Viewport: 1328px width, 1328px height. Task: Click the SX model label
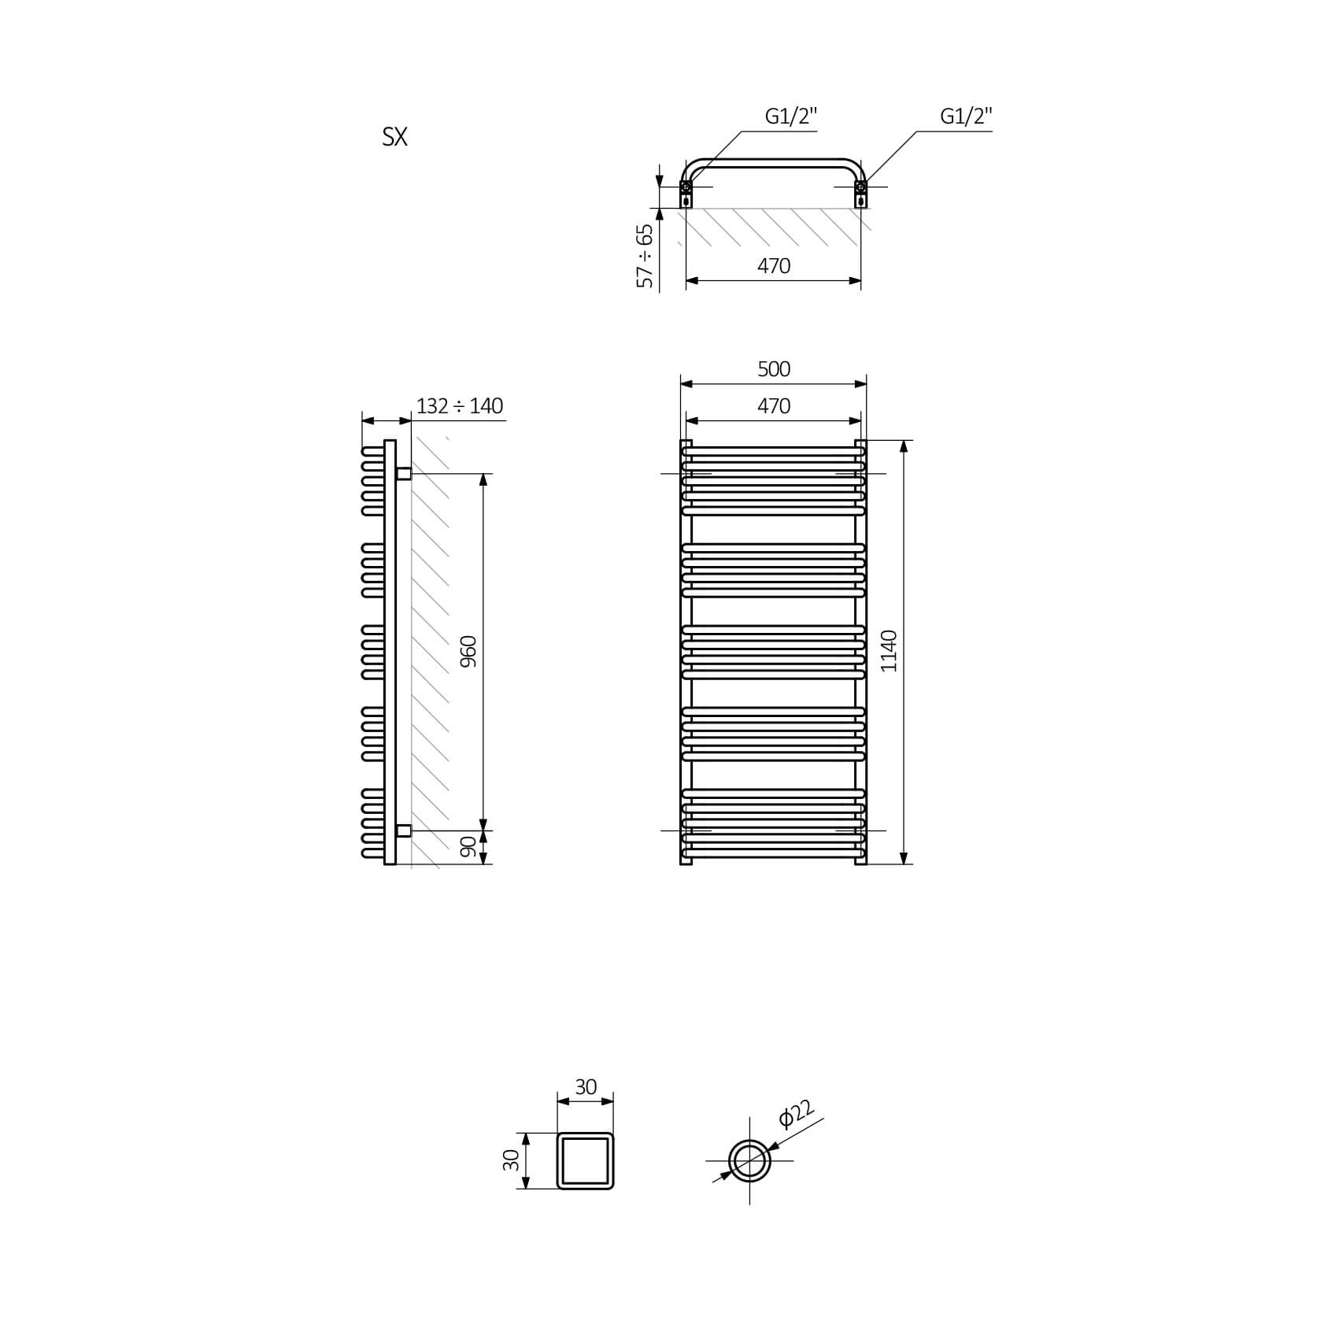[x=394, y=138]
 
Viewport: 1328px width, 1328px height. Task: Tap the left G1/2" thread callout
[x=791, y=117]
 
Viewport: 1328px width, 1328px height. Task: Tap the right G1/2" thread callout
[x=966, y=117]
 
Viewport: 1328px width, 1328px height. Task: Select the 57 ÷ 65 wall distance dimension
[x=646, y=256]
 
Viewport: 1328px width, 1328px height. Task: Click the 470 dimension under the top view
[x=774, y=266]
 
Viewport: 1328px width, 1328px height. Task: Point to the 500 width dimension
[x=774, y=369]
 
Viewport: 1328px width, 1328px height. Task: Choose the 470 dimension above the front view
[x=774, y=406]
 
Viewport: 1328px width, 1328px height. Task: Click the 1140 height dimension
[x=889, y=651]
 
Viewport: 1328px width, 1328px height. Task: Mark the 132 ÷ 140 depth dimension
[x=460, y=406]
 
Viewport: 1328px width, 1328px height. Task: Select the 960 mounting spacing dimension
[x=468, y=652]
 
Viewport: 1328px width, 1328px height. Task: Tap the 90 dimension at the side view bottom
[x=468, y=847]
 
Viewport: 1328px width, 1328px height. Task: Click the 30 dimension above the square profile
[x=586, y=1087]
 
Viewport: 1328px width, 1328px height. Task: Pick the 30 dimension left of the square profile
[x=512, y=1160]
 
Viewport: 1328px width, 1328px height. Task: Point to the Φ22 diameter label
[x=796, y=1115]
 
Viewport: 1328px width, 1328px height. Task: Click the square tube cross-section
[x=585, y=1133]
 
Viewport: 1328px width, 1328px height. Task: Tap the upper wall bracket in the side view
[x=403, y=473]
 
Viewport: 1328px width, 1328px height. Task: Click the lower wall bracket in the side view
[x=403, y=830]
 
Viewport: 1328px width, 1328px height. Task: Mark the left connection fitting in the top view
[x=686, y=194]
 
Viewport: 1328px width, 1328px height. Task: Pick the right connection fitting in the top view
[x=861, y=194]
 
